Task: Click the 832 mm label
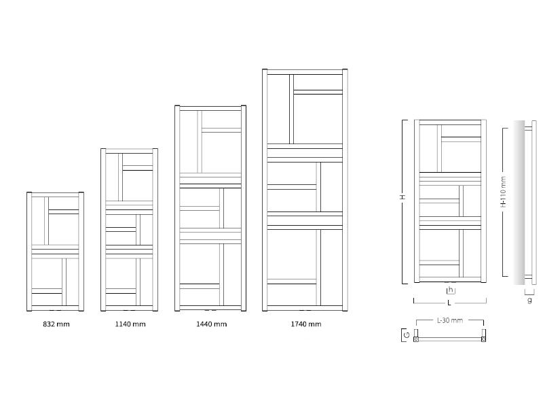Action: click(56, 324)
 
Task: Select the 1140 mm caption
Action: click(130, 324)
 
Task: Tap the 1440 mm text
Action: click(211, 324)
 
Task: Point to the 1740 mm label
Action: click(305, 324)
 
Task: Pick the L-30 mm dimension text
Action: click(449, 320)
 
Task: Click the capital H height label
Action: click(402, 197)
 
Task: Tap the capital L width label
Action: click(449, 302)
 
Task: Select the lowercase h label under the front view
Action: click(450, 290)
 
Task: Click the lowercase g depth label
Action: click(529, 300)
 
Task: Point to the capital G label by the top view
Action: click(406, 335)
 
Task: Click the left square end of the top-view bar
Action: click(417, 338)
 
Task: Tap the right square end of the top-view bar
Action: click(483, 338)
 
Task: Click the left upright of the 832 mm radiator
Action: click(29, 252)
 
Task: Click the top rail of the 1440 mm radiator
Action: click(210, 107)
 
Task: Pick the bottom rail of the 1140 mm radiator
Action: click(130, 308)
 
